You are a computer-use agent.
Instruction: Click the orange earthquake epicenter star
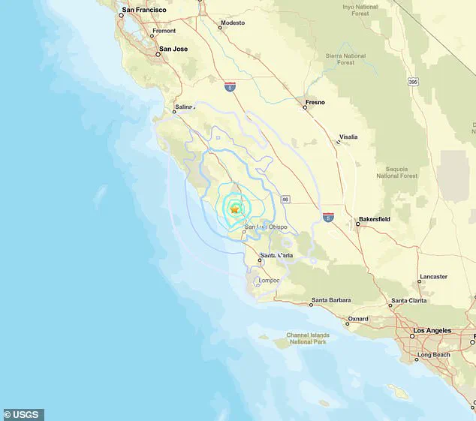click(x=235, y=209)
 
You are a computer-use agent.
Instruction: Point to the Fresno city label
click(x=315, y=101)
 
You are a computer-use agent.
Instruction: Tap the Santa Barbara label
click(x=331, y=300)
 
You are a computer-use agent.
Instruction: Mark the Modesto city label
click(x=231, y=23)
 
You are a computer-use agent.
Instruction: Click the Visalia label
click(x=348, y=137)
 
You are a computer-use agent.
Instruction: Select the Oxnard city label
click(x=357, y=318)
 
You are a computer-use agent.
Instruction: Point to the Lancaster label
click(x=432, y=276)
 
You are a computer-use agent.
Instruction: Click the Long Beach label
click(x=434, y=354)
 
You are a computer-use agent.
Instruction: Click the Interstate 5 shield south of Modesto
click(x=230, y=87)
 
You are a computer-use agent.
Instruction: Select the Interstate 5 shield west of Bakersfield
click(x=329, y=216)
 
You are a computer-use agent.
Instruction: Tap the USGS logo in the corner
click(x=23, y=414)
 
